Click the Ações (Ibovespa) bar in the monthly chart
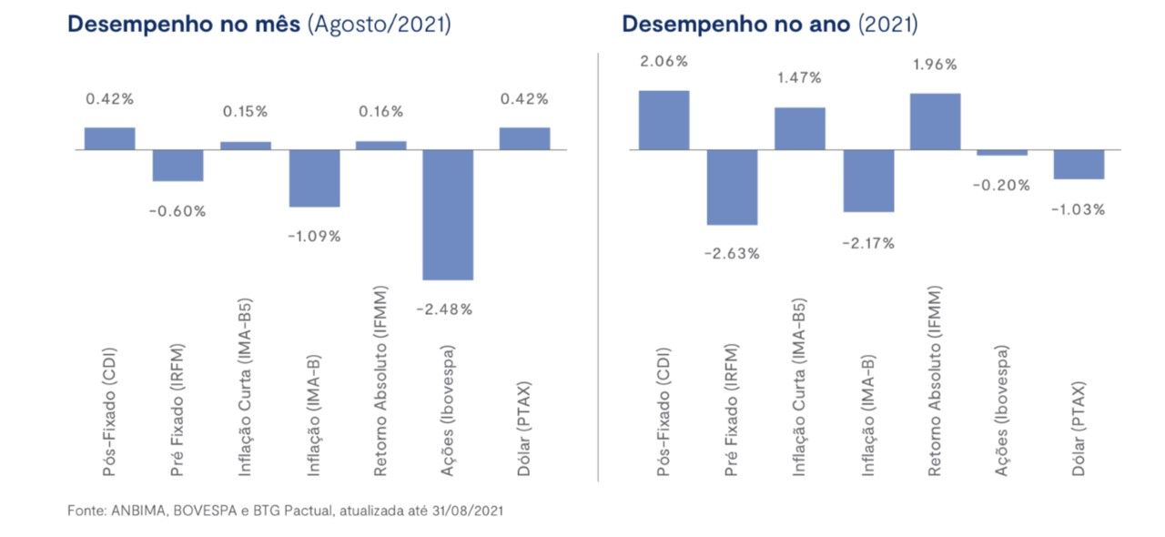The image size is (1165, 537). pyautogui.click(x=448, y=215)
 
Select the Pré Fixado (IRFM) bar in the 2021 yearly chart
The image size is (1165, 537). pyautogui.click(x=733, y=187)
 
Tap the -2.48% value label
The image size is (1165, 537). pyautogui.click(x=444, y=309)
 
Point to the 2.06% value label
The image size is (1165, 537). pyautogui.click(x=664, y=61)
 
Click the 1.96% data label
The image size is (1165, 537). pyautogui.click(x=935, y=65)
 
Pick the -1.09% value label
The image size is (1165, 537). pyautogui.click(x=314, y=237)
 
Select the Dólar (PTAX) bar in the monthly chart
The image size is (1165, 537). pyautogui.click(x=525, y=139)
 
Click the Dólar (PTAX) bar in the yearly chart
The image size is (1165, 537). pyautogui.click(x=1079, y=165)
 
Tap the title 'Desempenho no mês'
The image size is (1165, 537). pyautogui.click(x=184, y=25)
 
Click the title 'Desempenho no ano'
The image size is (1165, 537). pyautogui.click(x=736, y=25)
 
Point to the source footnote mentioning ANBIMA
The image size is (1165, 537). pyautogui.click(x=286, y=511)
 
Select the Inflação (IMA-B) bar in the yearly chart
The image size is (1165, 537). pyautogui.click(x=868, y=181)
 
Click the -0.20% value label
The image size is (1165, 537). pyautogui.click(x=1001, y=186)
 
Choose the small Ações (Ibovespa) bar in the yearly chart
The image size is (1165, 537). pyautogui.click(x=1002, y=153)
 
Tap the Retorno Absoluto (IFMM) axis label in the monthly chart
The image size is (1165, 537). pyautogui.click(x=380, y=380)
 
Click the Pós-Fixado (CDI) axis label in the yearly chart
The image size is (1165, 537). pyautogui.click(x=664, y=412)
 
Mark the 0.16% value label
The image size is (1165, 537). pyautogui.click(x=380, y=111)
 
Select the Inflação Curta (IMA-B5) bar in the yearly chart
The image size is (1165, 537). pyautogui.click(x=800, y=128)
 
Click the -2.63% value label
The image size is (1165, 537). pyautogui.click(x=732, y=254)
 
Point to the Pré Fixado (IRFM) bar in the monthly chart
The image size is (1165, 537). pyautogui.click(x=177, y=166)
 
